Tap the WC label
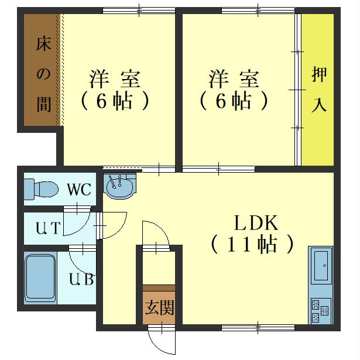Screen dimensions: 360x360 click(x=78, y=190)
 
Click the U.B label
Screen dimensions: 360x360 click(x=81, y=280)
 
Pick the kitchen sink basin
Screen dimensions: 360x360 click(x=321, y=266)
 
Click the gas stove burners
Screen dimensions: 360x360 click(x=320, y=311)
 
